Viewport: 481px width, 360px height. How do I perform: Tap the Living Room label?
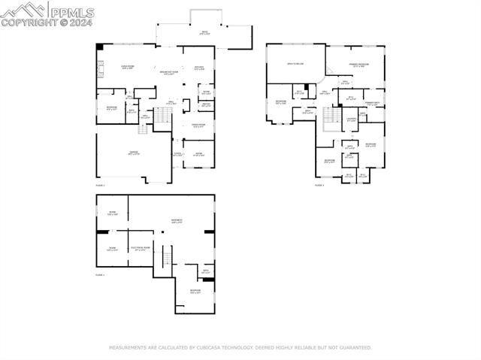(128, 68)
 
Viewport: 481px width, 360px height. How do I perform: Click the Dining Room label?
(198, 126)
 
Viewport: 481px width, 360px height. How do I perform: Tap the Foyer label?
(178, 154)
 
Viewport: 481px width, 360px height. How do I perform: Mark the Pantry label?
(206, 104)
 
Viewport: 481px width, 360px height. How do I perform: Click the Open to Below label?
(295, 65)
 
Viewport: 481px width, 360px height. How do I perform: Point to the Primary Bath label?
(371, 103)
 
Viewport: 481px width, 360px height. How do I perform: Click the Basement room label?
(177, 220)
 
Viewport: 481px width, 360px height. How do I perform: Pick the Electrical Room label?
(141, 248)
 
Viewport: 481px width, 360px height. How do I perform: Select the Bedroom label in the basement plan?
(195, 292)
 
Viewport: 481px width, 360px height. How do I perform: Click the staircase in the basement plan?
(167, 259)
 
